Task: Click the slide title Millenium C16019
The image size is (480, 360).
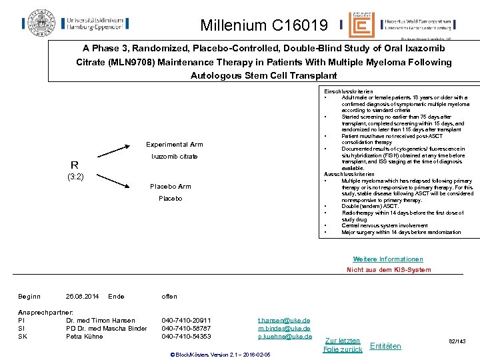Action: tap(265, 26)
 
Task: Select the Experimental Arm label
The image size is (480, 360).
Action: tap(175, 145)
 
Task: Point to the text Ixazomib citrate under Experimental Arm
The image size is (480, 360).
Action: tap(174, 157)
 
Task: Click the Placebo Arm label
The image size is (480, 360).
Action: tap(170, 187)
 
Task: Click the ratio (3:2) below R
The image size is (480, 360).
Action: tap(75, 177)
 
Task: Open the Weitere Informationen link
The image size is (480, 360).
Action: tap(388, 259)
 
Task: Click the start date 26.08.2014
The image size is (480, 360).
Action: tap(83, 296)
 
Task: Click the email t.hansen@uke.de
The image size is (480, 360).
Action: tap(284, 321)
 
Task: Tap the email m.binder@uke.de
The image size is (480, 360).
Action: tap(284, 329)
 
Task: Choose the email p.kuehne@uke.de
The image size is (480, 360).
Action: tap(285, 337)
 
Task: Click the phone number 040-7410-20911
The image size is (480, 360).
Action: tap(186, 321)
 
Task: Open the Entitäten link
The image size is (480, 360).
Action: tap(385, 345)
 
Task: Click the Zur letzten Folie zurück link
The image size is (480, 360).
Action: tap(343, 345)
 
